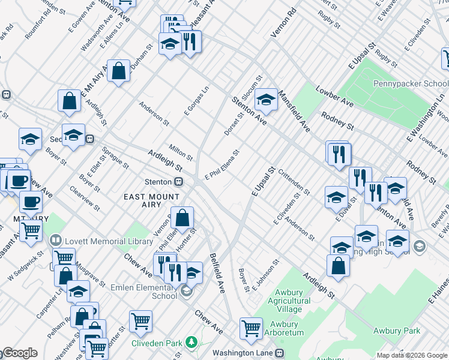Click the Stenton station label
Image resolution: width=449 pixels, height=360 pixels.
pyautogui.click(x=159, y=181)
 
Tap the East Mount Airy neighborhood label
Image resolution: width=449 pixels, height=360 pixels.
pyautogui.click(x=151, y=200)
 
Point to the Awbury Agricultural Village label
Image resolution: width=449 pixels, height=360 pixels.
pyautogui.click(x=286, y=301)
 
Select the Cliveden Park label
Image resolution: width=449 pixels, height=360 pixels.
pyautogui.click(x=157, y=343)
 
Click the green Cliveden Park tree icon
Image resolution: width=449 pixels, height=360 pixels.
pyautogui.click(x=191, y=343)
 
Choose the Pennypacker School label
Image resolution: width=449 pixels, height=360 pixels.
pyautogui.click(x=411, y=84)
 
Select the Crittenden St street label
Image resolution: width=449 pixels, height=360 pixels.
pyautogui.click(x=294, y=181)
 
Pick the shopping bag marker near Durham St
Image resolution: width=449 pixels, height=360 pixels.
pyautogui.click(x=119, y=71)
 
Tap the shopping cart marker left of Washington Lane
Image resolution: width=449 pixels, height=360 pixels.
pyautogui.click(x=251, y=328)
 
